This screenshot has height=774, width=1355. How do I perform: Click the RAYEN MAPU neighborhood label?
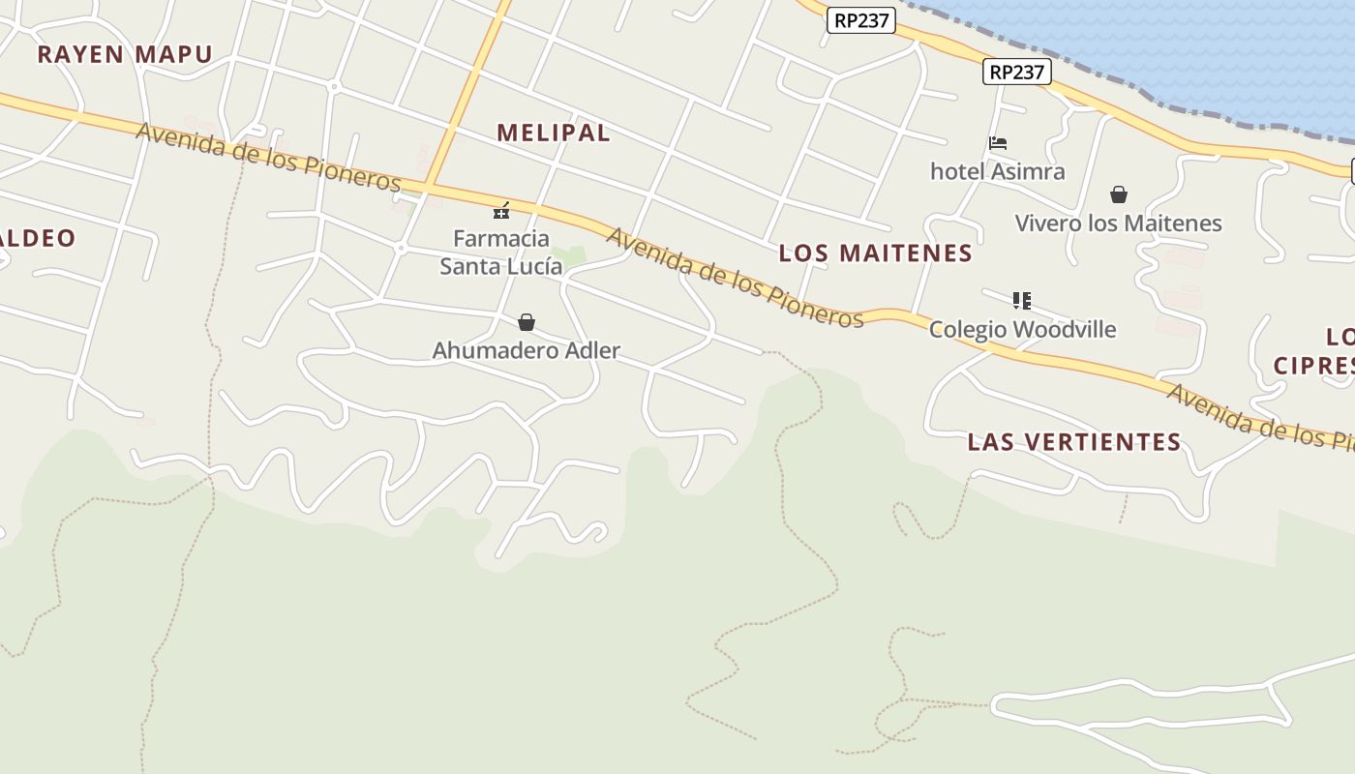point(124,54)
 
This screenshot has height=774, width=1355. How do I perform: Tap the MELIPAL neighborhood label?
point(554,133)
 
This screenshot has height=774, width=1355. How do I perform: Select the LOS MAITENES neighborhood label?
point(875,253)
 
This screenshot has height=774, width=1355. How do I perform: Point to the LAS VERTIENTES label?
point(1074,442)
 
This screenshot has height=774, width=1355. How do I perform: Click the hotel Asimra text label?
point(997,171)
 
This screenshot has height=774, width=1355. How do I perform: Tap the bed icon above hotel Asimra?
point(998,143)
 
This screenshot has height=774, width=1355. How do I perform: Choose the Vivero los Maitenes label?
point(1118,223)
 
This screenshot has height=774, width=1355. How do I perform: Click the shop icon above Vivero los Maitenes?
point(1119,194)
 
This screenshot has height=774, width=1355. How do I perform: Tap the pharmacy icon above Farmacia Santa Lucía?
point(501,210)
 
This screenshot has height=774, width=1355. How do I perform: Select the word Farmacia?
point(501,238)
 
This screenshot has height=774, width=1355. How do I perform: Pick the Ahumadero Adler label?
point(526,350)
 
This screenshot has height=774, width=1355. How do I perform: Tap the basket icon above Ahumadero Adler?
point(527,322)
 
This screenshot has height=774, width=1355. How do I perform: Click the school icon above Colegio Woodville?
point(1022,301)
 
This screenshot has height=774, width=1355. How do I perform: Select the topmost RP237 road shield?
point(860,20)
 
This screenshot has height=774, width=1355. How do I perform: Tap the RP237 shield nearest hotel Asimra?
point(1017,72)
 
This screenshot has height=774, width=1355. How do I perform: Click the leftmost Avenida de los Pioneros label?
point(268,157)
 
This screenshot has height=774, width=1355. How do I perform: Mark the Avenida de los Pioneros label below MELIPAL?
point(735,279)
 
